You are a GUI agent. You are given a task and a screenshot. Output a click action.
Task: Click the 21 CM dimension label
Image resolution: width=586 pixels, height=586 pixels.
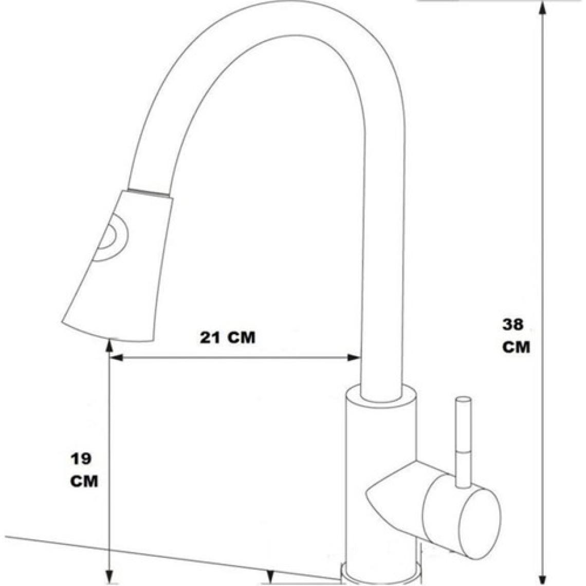[x=228, y=338]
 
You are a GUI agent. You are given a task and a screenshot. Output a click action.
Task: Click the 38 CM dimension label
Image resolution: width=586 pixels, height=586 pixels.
[x=516, y=336]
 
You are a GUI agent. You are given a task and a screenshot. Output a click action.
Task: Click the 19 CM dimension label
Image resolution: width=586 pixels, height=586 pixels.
[x=84, y=470]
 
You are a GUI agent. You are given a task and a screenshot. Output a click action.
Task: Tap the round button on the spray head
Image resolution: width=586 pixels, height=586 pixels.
[x=111, y=237]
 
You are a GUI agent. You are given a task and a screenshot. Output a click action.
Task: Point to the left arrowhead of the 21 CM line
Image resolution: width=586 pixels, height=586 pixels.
[x=117, y=358]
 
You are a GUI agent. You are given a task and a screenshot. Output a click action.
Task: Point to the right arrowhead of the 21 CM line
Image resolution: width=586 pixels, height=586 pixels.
[x=354, y=358]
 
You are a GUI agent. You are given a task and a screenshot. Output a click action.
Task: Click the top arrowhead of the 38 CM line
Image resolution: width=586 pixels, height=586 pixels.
[x=543, y=8]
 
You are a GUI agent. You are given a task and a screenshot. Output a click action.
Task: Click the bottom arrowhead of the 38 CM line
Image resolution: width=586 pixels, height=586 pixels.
[x=543, y=578]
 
